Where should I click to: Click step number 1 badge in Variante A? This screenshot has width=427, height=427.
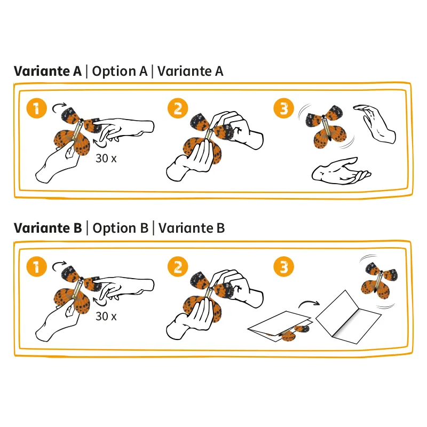coord(36,108)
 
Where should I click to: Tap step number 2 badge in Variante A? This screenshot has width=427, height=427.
coord(178,108)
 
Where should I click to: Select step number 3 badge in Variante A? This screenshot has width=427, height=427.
coord(284,108)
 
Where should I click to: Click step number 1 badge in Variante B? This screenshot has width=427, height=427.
coord(36,266)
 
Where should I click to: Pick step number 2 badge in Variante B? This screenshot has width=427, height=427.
coord(178,266)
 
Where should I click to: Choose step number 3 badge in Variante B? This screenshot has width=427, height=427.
coord(284,266)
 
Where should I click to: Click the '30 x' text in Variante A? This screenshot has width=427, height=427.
coord(106,158)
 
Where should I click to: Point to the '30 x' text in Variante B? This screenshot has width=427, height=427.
coord(106,316)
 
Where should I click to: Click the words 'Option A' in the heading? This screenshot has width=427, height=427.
coord(120,72)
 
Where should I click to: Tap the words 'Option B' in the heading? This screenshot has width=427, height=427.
coord(121,228)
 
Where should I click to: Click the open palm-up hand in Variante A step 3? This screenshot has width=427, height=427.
coord(341,171)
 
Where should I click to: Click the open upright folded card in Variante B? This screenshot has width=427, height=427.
coord(349,317)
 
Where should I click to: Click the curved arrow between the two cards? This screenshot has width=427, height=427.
coord(309,303)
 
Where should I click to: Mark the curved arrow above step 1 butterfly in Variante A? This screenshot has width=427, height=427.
coord(59,107)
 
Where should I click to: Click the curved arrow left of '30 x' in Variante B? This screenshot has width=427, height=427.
coord(100,302)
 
